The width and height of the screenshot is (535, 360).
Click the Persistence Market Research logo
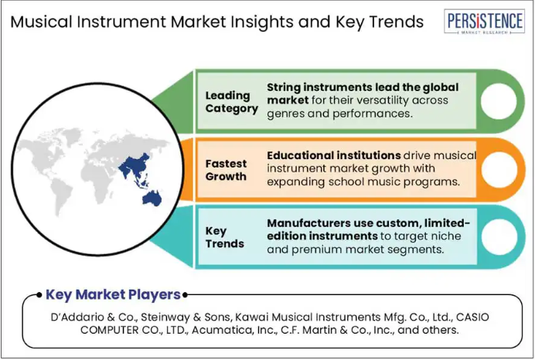point(484,21)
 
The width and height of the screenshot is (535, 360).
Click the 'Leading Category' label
point(232,102)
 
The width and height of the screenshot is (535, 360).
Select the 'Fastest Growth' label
point(226,170)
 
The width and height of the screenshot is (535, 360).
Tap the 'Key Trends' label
point(224,237)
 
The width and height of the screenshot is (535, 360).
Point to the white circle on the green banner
point(499,101)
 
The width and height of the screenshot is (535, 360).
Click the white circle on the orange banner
point(499,169)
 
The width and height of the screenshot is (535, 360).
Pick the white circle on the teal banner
point(499,237)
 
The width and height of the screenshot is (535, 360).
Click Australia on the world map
point(152,199)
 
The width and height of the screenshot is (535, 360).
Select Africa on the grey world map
point(98,179)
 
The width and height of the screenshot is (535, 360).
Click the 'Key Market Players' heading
point(113,294)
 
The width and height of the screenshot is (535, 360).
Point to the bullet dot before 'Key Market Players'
point(39,295)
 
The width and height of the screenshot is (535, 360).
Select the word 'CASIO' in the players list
point(472,317)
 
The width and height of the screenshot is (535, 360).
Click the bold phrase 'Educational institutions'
point(334,155)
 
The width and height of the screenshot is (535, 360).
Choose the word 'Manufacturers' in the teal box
point(308,223)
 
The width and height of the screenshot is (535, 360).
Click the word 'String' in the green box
point(284,87)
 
